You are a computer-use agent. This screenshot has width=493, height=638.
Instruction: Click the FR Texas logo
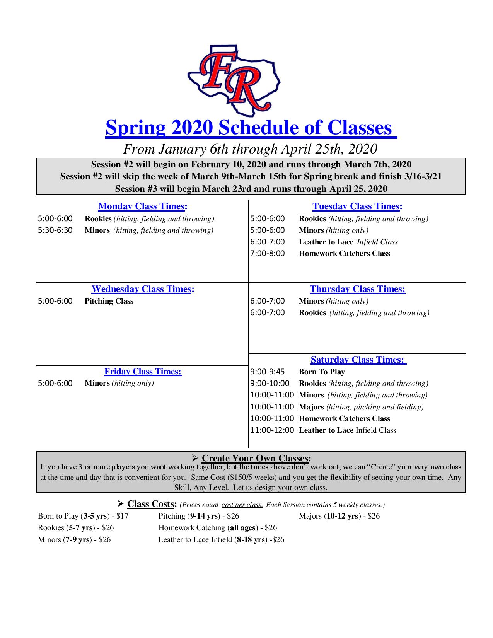coord(234,80)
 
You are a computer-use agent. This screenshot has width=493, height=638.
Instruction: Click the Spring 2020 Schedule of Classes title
coord(251,128)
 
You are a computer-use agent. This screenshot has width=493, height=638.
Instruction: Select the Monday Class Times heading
coord(143,206)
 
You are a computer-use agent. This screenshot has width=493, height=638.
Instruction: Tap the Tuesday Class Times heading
coord(357,206)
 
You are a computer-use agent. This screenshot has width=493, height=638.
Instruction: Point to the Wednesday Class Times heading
coord(143,289)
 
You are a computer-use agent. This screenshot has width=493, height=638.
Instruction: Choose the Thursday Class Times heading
coord(357,289)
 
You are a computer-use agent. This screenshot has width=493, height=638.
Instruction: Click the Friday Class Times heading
coord(143,372)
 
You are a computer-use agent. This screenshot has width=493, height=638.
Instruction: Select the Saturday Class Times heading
coord(358,360)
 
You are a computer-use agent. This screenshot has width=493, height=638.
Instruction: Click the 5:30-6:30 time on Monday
coord(55,230)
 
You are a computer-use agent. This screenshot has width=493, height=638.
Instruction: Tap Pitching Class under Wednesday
coord(109,301)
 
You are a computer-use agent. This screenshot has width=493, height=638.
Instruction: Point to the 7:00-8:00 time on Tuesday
coord(268,254)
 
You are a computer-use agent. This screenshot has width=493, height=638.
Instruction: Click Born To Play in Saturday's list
coord(322,372)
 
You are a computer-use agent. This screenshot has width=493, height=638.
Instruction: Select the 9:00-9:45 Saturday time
coord(268,372)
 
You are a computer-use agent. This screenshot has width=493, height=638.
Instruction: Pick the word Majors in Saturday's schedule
coord(311,407)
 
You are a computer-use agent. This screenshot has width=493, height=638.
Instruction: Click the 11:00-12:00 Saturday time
coord(272,430)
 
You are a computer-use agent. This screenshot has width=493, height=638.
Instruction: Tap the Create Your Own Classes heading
coord(256,459)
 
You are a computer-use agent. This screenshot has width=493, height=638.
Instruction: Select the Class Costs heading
coord(152,504)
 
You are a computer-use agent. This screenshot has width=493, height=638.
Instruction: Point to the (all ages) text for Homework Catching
coord(244,527)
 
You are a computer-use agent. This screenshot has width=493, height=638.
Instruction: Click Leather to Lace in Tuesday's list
coord(326,242)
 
